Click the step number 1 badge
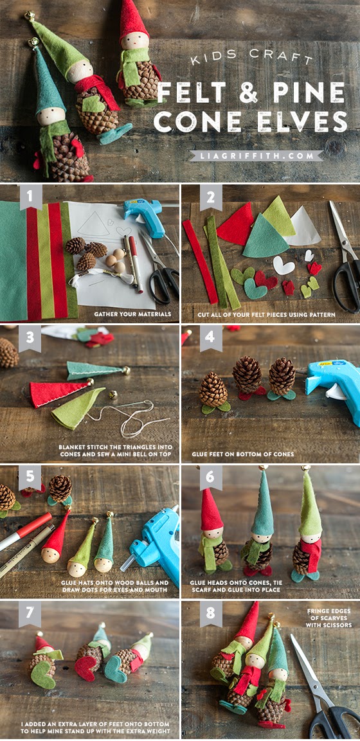30,197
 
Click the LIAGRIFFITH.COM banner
256,156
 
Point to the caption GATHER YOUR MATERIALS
132,314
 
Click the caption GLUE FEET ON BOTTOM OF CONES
242,454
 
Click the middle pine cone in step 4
247,376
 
